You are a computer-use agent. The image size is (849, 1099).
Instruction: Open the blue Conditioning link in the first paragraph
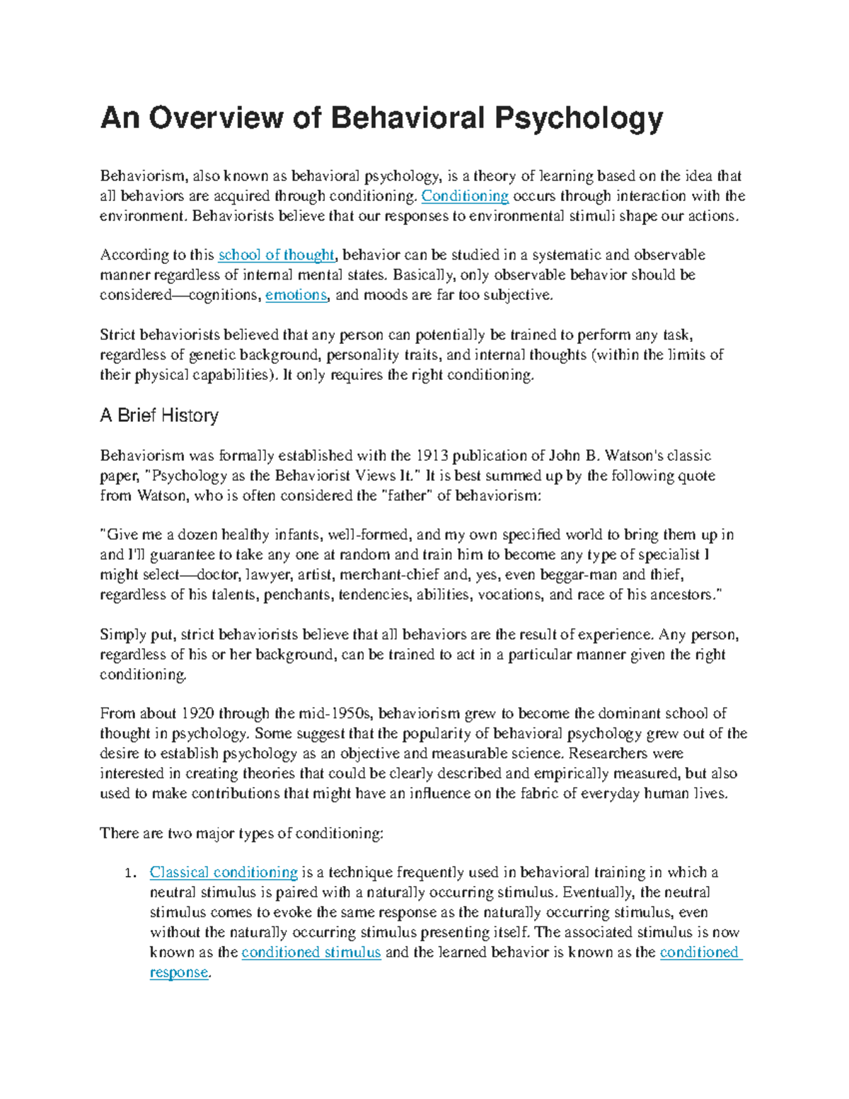(465, 196)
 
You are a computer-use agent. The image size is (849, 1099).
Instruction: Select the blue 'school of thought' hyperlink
(276, 255)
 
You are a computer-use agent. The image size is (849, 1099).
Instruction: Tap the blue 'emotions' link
(296, 295)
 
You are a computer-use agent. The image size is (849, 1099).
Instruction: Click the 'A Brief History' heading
(159, 415)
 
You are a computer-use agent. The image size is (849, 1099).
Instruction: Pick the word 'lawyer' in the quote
(272, 575)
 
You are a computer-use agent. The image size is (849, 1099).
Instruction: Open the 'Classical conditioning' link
(224, 873)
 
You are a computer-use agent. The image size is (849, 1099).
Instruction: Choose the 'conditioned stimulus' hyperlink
(311, 953)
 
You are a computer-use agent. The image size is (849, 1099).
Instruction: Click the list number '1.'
(129, 873)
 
